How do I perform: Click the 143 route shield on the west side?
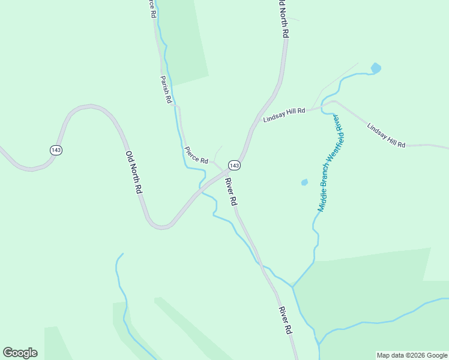56,150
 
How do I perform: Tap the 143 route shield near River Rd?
234,165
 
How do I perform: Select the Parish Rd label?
166,89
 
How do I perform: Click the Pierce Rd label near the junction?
196,155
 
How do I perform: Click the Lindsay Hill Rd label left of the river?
284,115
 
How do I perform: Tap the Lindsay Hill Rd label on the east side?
386,136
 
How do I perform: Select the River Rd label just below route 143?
232,192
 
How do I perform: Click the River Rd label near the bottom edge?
285,320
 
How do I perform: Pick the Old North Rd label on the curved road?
134,172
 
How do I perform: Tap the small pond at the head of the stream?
376,68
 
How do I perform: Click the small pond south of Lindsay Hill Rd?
304,182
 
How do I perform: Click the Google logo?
20,353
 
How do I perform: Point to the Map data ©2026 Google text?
412,355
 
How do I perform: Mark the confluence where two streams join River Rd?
292,286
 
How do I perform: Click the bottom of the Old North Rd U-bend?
161,227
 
